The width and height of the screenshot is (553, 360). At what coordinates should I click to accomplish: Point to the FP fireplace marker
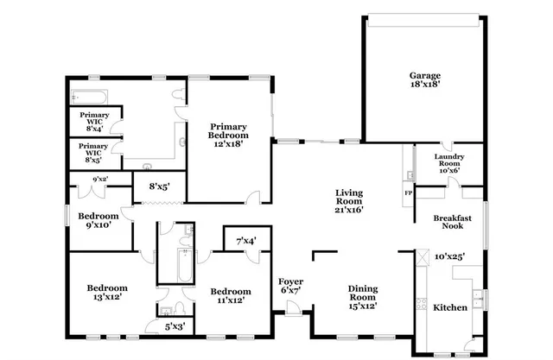tap(408, 193)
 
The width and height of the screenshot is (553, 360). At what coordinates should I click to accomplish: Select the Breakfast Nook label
tap(452, 224)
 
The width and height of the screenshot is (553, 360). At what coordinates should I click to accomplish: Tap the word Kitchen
tap(449, 307)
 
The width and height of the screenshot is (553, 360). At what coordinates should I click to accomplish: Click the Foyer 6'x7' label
tap(290, 287)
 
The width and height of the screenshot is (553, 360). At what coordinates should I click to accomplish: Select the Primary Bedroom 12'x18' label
tap(229, 136)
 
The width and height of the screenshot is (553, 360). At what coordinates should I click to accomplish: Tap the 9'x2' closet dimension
tap(100, 180)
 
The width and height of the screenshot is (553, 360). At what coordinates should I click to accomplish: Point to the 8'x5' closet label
tap(157, 186)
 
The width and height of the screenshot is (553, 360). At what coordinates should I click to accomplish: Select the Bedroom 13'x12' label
tap(107, 292)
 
